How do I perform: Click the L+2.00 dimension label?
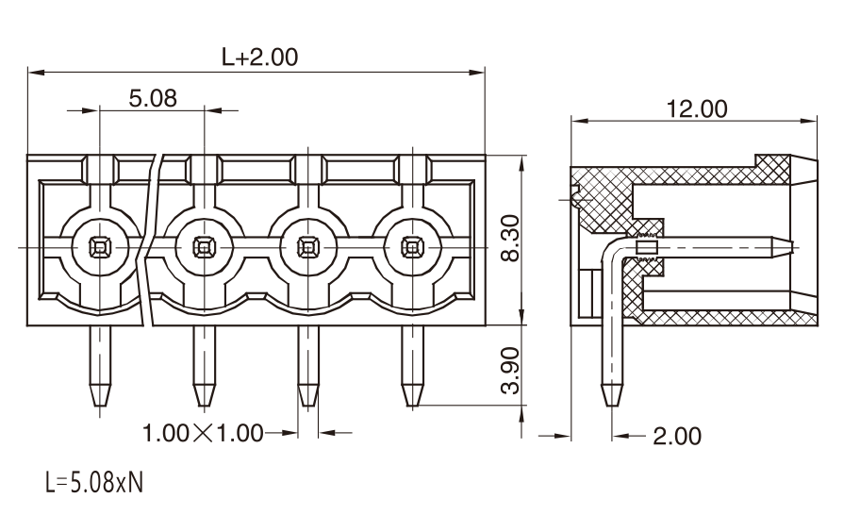pos(259,57)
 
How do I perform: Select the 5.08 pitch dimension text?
pos(153,98)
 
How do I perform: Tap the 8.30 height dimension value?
pos(511,238)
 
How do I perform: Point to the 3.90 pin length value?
pos(511,370)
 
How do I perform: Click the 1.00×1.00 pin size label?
pos(203,433)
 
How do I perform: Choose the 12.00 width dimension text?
pos(697,108)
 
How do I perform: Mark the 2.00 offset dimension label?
pos(677,437)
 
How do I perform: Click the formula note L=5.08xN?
pos(93,483)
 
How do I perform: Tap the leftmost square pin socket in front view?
pos(99,247)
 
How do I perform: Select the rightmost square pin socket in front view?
pos(412,247)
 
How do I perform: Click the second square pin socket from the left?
pos(204,247)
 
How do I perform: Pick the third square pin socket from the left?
pos(308,247)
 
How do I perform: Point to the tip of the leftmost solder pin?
pos(100,405)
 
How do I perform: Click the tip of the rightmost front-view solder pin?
pos(412,405)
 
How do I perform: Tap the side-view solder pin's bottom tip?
pos(612,405)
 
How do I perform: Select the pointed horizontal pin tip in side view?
pos(791,247)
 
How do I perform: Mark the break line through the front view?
pos(151,240)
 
